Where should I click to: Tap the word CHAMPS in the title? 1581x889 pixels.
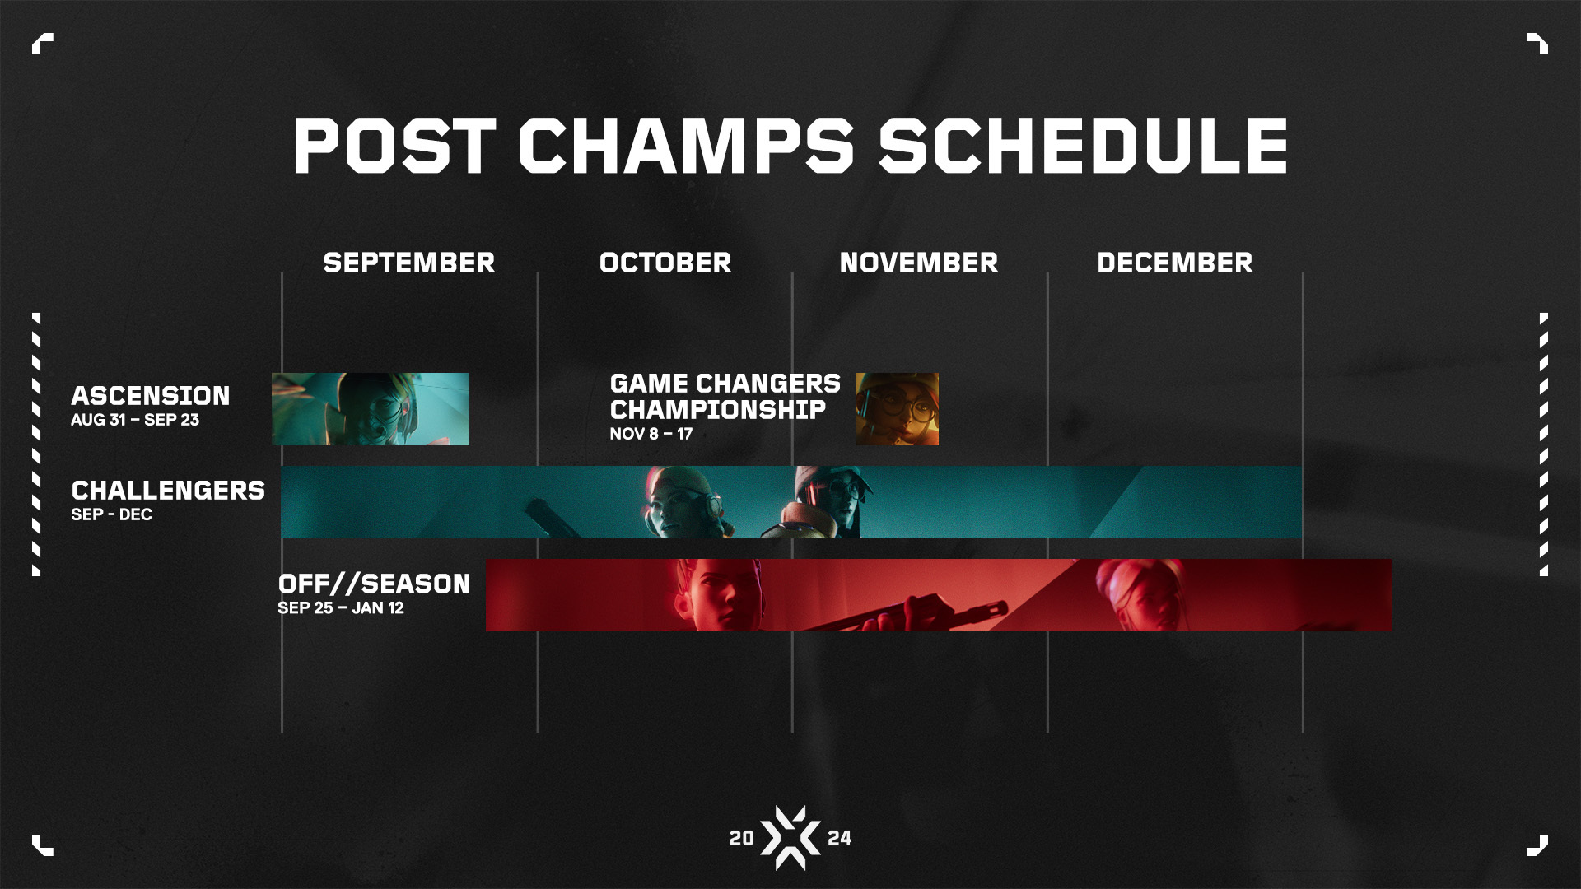pos(687,146)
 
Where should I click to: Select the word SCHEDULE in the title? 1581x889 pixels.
pos(1082,146)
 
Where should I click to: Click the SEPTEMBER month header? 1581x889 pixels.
pos(409,263)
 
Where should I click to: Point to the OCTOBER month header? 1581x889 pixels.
pos(665,263)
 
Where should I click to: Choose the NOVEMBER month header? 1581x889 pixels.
pos(919,263)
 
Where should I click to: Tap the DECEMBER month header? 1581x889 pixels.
pos(1175,263)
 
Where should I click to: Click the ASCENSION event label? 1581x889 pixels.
pos(151,396)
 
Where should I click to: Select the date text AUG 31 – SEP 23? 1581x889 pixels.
pos(135,420)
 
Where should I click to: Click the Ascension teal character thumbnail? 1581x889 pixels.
pos(371,409)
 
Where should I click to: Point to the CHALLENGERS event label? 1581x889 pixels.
pos(168,491)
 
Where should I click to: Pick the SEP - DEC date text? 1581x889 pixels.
pos(112,514)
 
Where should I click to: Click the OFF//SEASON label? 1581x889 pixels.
pos(374,584)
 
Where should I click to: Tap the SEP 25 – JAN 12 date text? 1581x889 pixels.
pos(341,608)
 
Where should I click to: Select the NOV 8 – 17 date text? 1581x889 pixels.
pos(651,434)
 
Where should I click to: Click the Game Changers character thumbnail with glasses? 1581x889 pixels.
pos(897,409)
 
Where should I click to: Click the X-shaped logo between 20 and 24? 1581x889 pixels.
pos(790,838)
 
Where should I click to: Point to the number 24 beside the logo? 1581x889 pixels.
pos(839,838)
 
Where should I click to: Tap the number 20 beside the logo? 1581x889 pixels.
pos(741,838)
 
